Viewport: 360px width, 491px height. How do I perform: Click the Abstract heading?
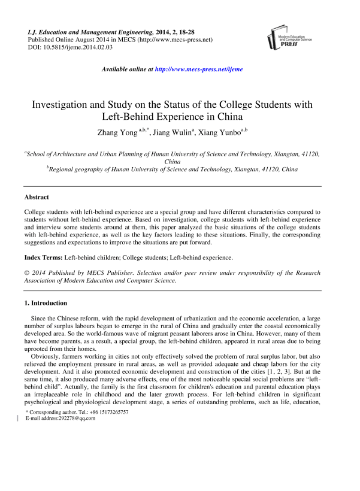click(37, 197)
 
